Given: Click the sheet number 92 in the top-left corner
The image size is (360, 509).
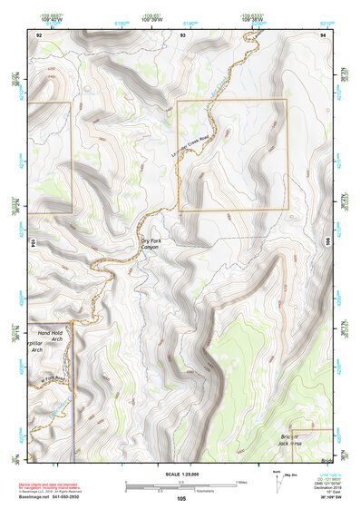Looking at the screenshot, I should pos(39,34).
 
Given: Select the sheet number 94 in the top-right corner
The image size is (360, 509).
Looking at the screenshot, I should pos(323,34).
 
